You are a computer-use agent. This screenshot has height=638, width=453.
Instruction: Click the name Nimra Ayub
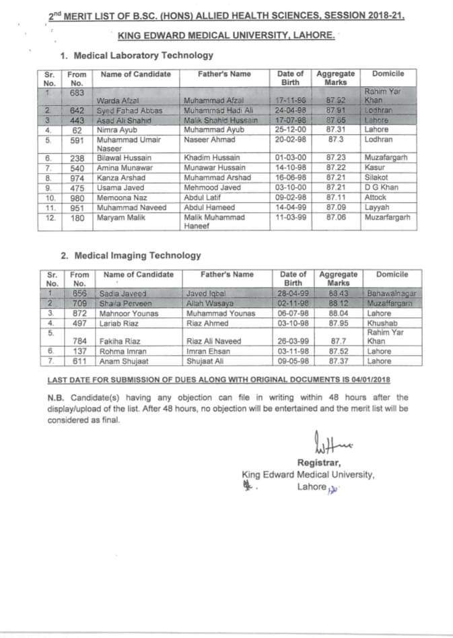click(x=114, y=129)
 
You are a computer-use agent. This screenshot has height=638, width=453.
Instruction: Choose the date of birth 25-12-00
click(x=289, y=129)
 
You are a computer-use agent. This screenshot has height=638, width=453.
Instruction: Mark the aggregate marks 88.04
click(x=339, y=313)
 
